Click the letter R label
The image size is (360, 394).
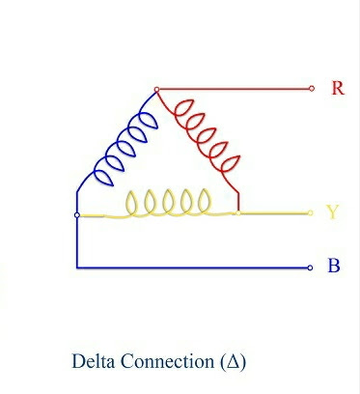click(x=338, y=88)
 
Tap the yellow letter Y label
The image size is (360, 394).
click(x=333, y=212)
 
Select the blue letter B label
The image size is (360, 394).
click(x=334, y=266)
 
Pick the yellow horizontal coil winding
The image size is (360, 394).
click(x=170, y=203)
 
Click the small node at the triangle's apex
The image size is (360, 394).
click(x=156, y=90)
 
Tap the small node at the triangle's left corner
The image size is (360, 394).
click(x=76, y=214)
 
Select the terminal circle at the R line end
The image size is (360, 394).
click(x=311, y=88)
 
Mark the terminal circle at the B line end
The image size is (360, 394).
click(x=311, y=267)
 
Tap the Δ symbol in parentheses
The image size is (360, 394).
click(x=233, y=363)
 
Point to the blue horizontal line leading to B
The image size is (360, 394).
click(x=193, y=267)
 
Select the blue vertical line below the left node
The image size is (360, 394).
click(x=76, y=241)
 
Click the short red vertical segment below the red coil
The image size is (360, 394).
click(x=238, y=200)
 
